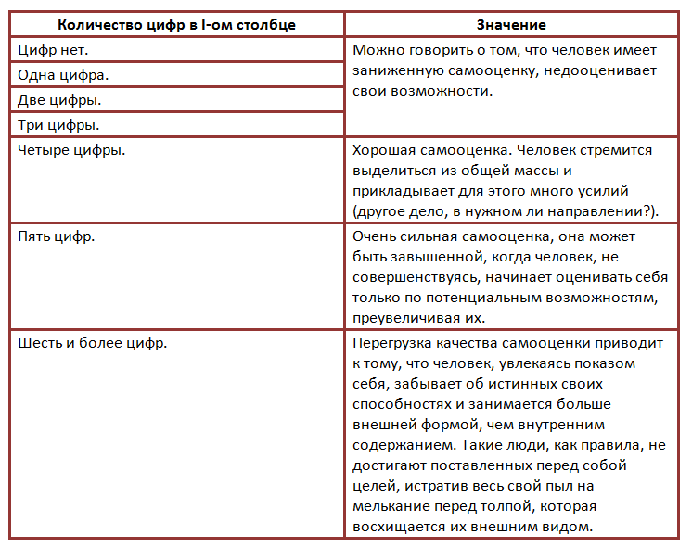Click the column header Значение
coord(511,25)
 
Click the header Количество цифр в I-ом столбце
coord(176,25)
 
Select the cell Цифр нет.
coord(54,50)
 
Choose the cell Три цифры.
coord(59,123)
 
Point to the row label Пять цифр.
coord(57,236)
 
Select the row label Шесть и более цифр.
coord(93,343)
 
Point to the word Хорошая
coord(384,149)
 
